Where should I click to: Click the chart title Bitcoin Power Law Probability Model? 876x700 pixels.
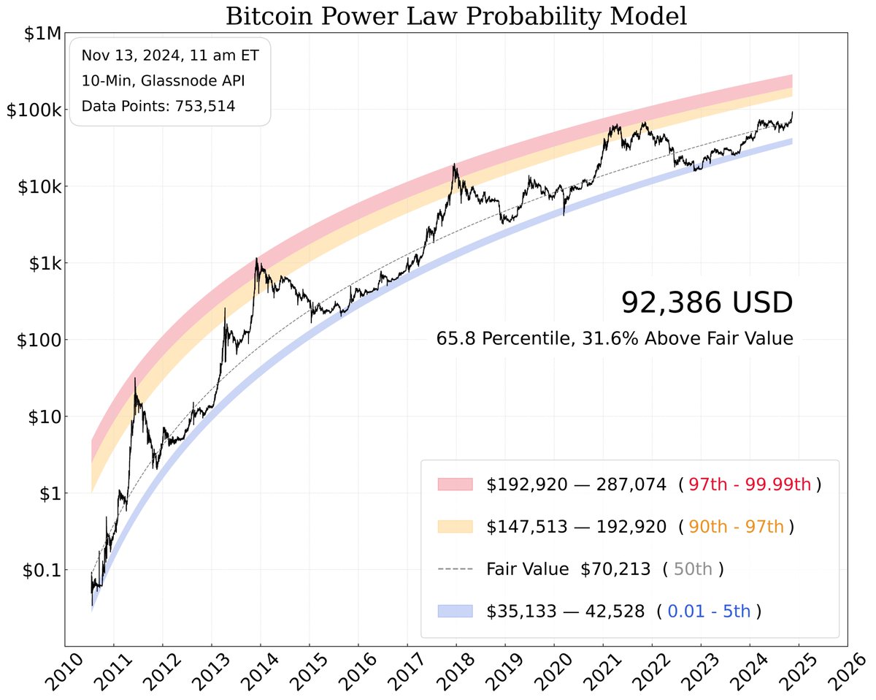click(456, 16)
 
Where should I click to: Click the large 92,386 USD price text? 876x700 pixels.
click(706, 303)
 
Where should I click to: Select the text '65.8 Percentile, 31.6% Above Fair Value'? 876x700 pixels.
click(614, 339)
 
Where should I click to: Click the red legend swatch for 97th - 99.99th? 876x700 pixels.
click(455, 484)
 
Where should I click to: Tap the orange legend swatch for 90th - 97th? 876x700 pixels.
click(455, 527)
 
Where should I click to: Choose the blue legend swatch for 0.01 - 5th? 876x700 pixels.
click(455, 612)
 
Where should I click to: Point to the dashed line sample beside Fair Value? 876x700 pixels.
click(455, 569)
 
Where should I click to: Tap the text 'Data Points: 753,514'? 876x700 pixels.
click(158, 106)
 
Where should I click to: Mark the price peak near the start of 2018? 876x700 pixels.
click(455, 164)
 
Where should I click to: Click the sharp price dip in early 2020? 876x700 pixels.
click(564, 214)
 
